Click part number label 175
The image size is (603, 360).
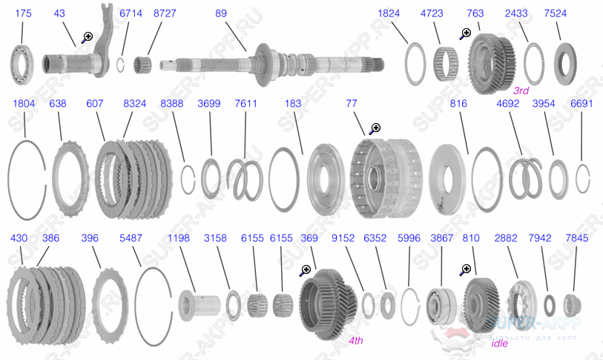pos(22,13)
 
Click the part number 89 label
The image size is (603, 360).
pos(221,13)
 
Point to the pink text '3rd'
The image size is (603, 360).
pos(521,91)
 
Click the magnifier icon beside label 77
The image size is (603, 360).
pos(375,128)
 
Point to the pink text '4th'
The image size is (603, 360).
pos(356,341)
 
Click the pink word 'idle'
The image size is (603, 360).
pos(500,344)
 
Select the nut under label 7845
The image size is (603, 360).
pos(570,304)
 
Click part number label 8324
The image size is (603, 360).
pos(134,104)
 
